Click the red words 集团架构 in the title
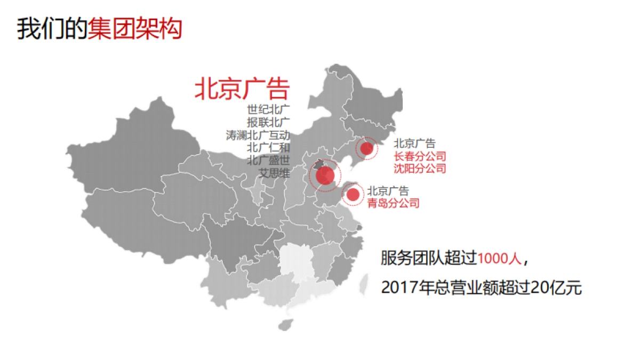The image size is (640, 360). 135,28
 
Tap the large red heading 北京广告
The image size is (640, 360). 242,89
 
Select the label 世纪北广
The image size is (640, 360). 268,109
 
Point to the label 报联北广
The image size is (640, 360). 268,122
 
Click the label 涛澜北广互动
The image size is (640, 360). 258,135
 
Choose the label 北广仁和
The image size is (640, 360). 268,147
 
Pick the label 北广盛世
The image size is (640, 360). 268,160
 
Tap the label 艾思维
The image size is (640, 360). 274,173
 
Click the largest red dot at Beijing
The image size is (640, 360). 325,175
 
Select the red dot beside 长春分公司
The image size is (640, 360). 366,148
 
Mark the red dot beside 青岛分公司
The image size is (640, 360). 353,195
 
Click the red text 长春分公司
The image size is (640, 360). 419,156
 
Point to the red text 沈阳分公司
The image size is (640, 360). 419,169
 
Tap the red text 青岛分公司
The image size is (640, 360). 393,203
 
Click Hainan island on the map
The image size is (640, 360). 286,324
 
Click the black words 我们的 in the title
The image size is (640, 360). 52,28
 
